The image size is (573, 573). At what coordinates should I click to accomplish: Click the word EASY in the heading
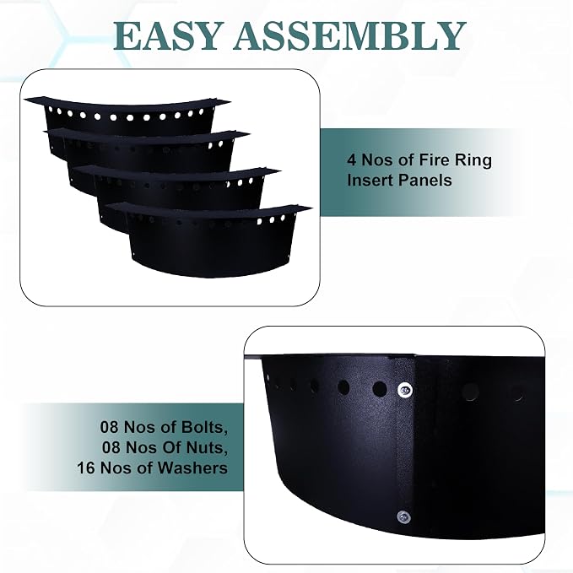[166, 35]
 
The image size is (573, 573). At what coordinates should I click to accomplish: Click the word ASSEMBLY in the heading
[349, 35]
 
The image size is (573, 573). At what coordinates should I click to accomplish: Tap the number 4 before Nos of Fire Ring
[352, 160]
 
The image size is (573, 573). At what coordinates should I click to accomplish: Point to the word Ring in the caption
[473, 161]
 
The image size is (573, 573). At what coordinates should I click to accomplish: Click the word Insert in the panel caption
[370, 180]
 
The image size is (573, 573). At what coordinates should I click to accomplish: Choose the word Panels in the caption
[425, 180]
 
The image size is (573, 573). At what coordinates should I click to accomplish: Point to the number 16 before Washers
[86, 468]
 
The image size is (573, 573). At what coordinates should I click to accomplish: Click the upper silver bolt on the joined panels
[404, 390]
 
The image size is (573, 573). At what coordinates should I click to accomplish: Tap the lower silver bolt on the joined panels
[403, 516]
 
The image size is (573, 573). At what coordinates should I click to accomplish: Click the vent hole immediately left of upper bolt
[379, 389]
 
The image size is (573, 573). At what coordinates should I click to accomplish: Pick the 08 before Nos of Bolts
[109, 427]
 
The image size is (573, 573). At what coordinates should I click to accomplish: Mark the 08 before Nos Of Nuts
[111, 447]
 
